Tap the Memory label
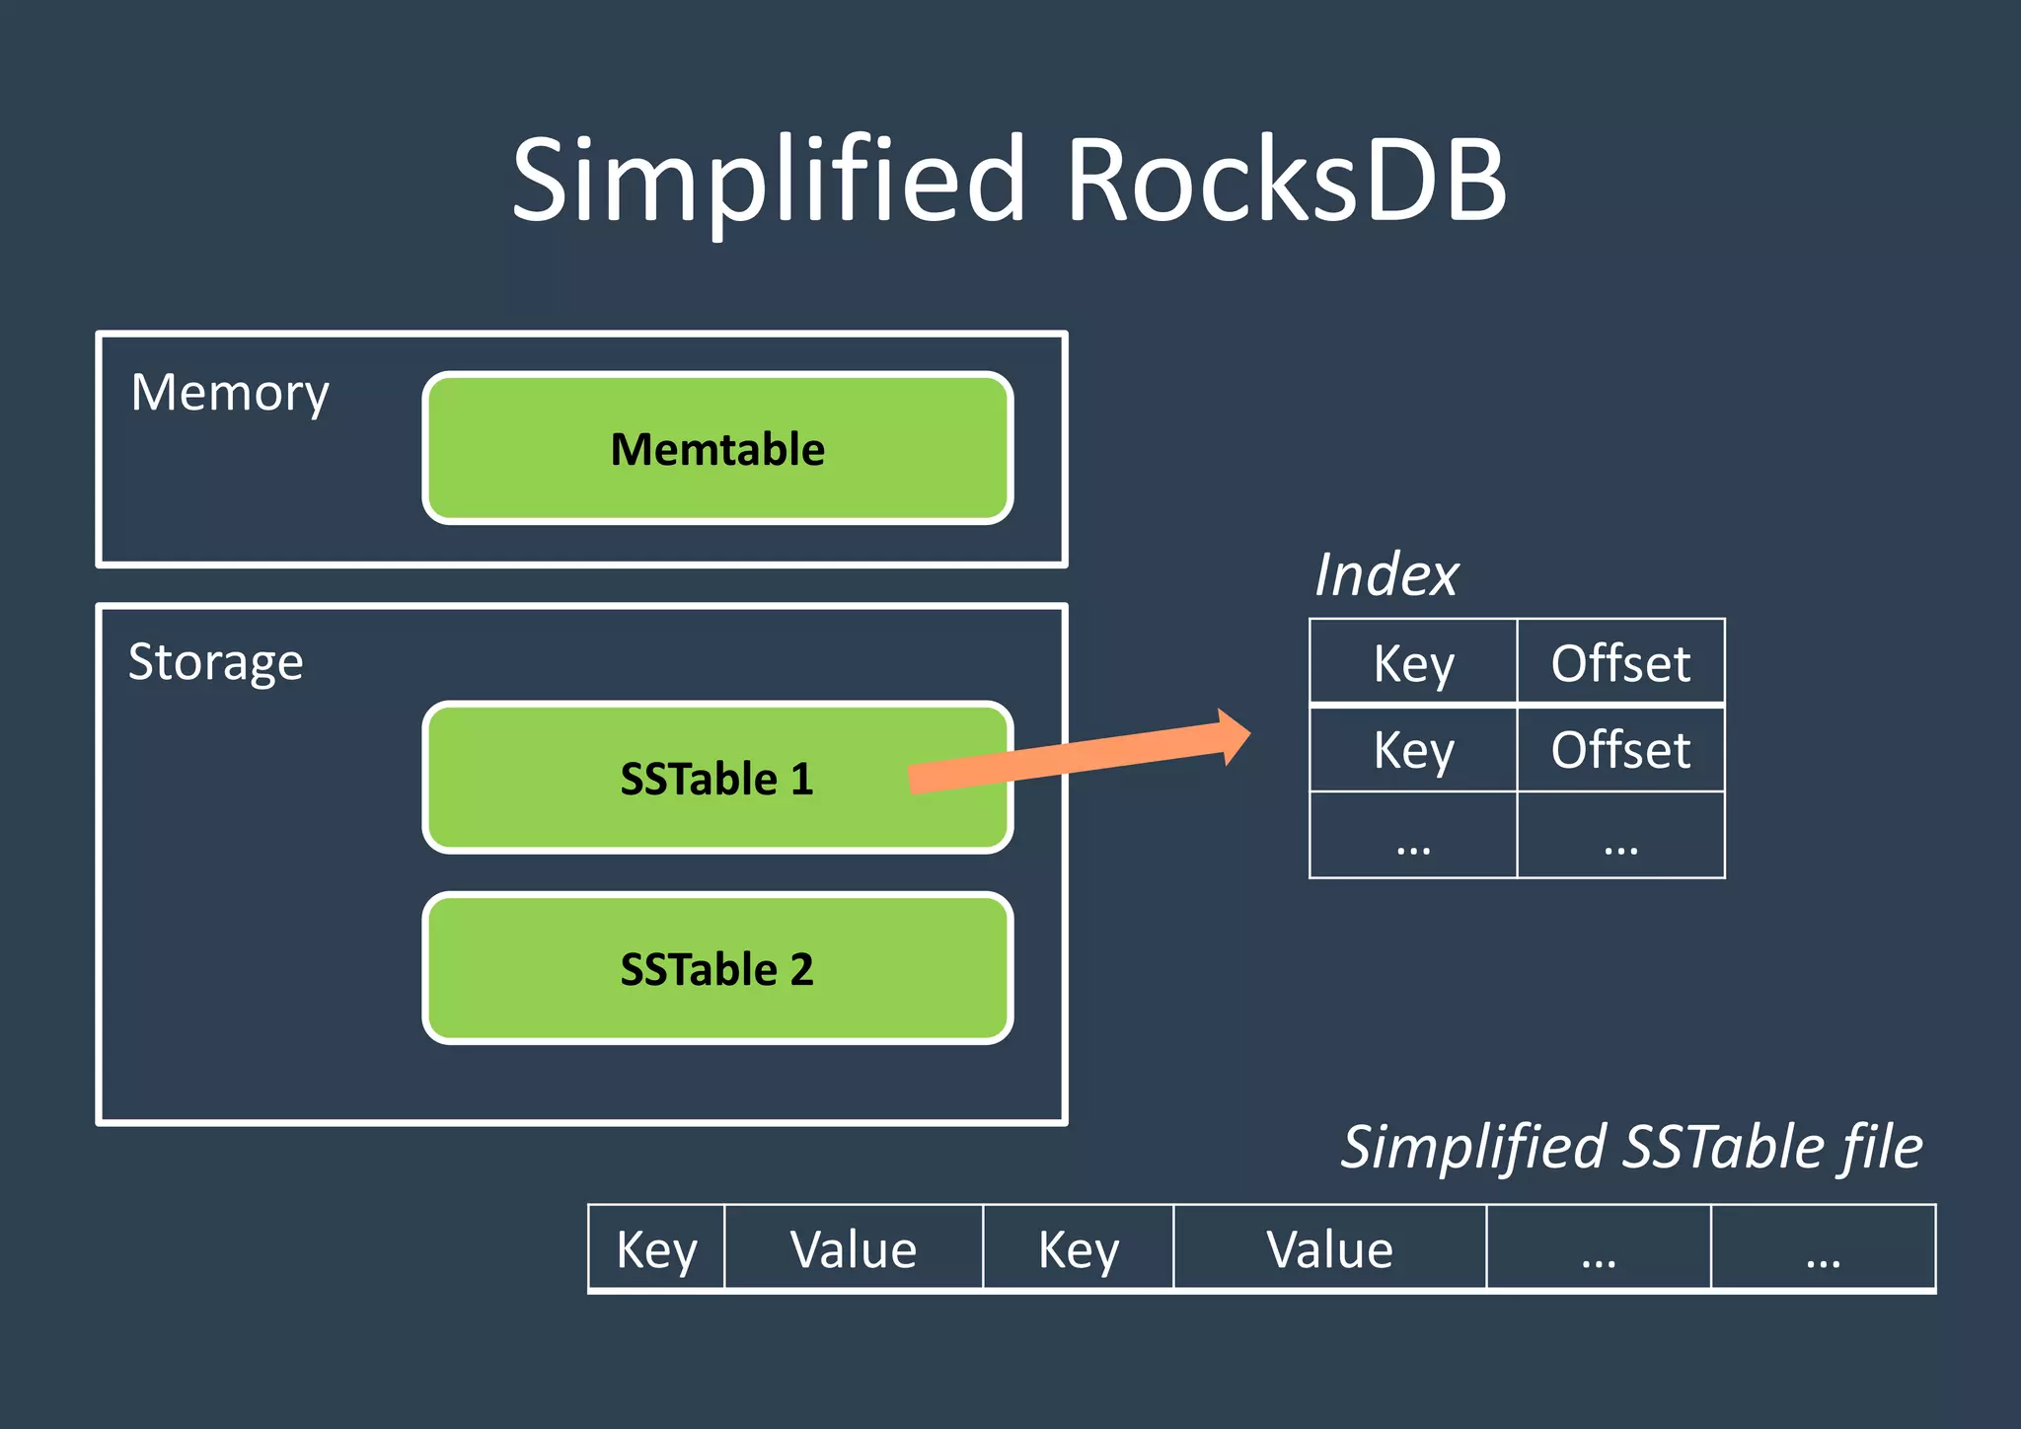pos(230,394)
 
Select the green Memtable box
pos(717,449)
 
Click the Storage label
pos(216,662)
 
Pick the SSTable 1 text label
pos(716,780)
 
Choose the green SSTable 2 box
pos(717,969)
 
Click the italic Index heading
pos(1386,574)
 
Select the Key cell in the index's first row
pos(1413,662)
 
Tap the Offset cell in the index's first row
pos(1620,662)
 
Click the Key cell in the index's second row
pos(1413,749)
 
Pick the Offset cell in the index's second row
pos(1620,749)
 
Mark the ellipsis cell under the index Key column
pos(1413,836)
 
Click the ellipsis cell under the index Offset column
pos(1620,836)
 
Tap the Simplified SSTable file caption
pos(1631,1148)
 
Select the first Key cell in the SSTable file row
pos(656,1248)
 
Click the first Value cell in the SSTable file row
pos(854,1248)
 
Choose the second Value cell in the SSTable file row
pos(1329,1248)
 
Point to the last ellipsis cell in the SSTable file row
pos(1823,1248)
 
